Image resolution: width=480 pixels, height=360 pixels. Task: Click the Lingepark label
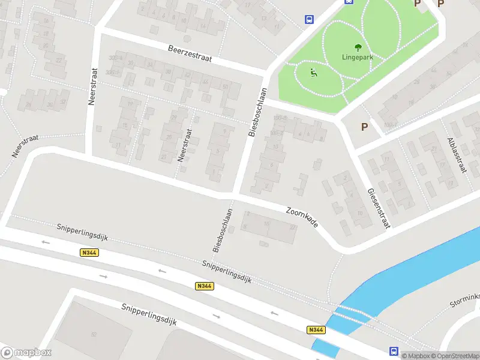point(358,58)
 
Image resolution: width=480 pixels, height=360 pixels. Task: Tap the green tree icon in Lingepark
point(358,47)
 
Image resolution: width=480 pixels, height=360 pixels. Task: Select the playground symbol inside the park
point(313,73)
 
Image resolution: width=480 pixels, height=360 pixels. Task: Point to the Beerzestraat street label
point(190,55)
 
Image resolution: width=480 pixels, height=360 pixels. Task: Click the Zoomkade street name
point(302,217)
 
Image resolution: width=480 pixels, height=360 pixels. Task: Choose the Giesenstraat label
point(378,208)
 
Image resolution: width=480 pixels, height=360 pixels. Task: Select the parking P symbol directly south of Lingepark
point(364,127)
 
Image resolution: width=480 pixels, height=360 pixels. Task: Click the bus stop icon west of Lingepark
point(309,19)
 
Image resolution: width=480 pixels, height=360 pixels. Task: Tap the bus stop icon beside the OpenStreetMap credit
point(394,351)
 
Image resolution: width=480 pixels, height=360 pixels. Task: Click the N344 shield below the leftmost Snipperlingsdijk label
point(89,253)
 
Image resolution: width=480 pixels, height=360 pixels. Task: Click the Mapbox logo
point(26,353)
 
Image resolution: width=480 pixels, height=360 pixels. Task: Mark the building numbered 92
point(94,334)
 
